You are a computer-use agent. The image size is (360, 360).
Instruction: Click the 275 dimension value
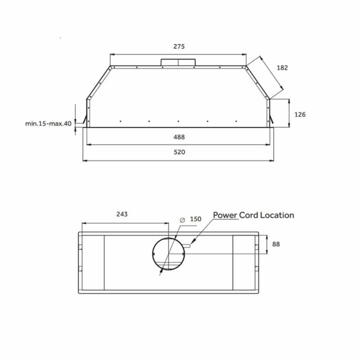coord(179,47)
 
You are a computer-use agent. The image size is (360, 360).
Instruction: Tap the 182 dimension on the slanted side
coord(282,68)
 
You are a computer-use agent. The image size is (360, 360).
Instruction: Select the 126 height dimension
coord(300,115)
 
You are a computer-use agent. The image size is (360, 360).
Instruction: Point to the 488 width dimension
coord(179,137)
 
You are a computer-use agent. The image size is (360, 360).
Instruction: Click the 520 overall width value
coord(179,152)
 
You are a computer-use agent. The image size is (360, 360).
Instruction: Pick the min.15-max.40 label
coord(49,123)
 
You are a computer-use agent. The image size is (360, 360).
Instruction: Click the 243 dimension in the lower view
coord(122,214)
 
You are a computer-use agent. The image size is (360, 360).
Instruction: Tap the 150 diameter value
coord(196,219)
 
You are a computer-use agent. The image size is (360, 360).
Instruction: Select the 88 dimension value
coord(276,244)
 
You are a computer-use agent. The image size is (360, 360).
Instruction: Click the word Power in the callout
coord(225,215)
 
